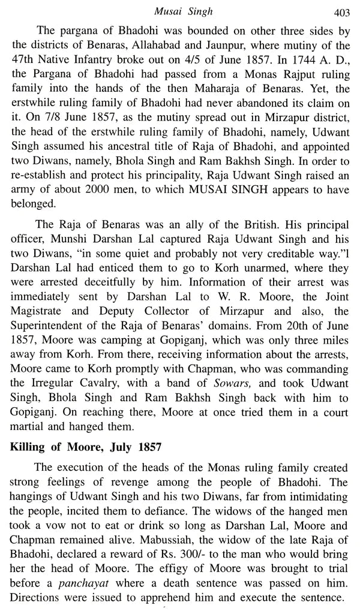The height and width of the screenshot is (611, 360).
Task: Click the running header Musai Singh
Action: click(181, 8)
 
